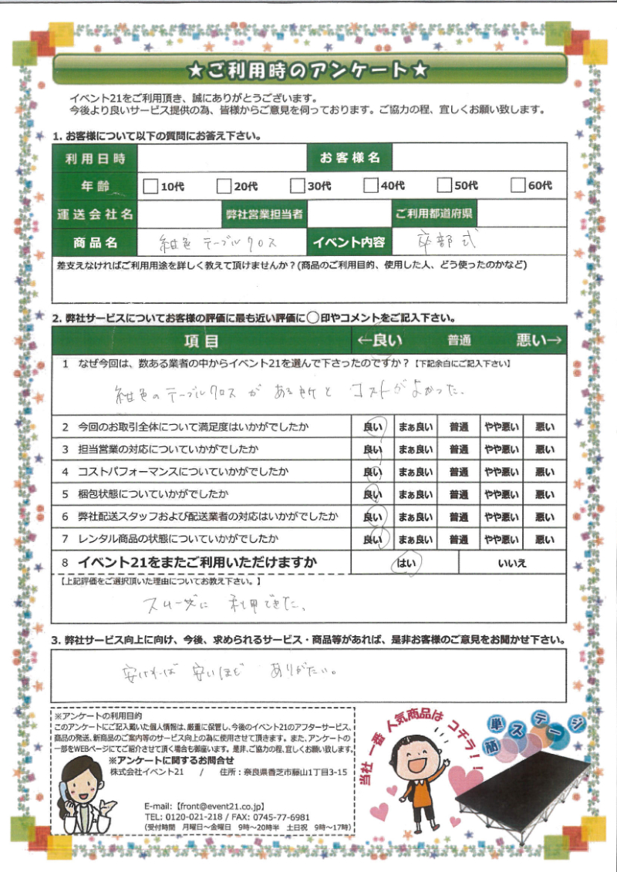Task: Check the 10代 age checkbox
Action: pyautogui.click(x=150, y=185)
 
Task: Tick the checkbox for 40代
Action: pyautogui.click(x=371, y=185)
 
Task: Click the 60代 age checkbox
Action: pyautogui.click(x=518, y=185)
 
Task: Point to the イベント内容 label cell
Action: pyautogui.click(x=349, y=242)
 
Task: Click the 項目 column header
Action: pyautogui.click(x=201, y=340)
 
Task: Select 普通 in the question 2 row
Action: pyautogui.click(x=459, y=426)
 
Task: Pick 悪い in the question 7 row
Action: pyautogui.click(x=545, y=539)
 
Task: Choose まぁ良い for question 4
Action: pyautogui.click(x=414, y=471)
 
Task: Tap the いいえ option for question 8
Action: pyautogui.click(x=512, y=564)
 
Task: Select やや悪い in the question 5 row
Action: pyautogui.click(x=501, y=493)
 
